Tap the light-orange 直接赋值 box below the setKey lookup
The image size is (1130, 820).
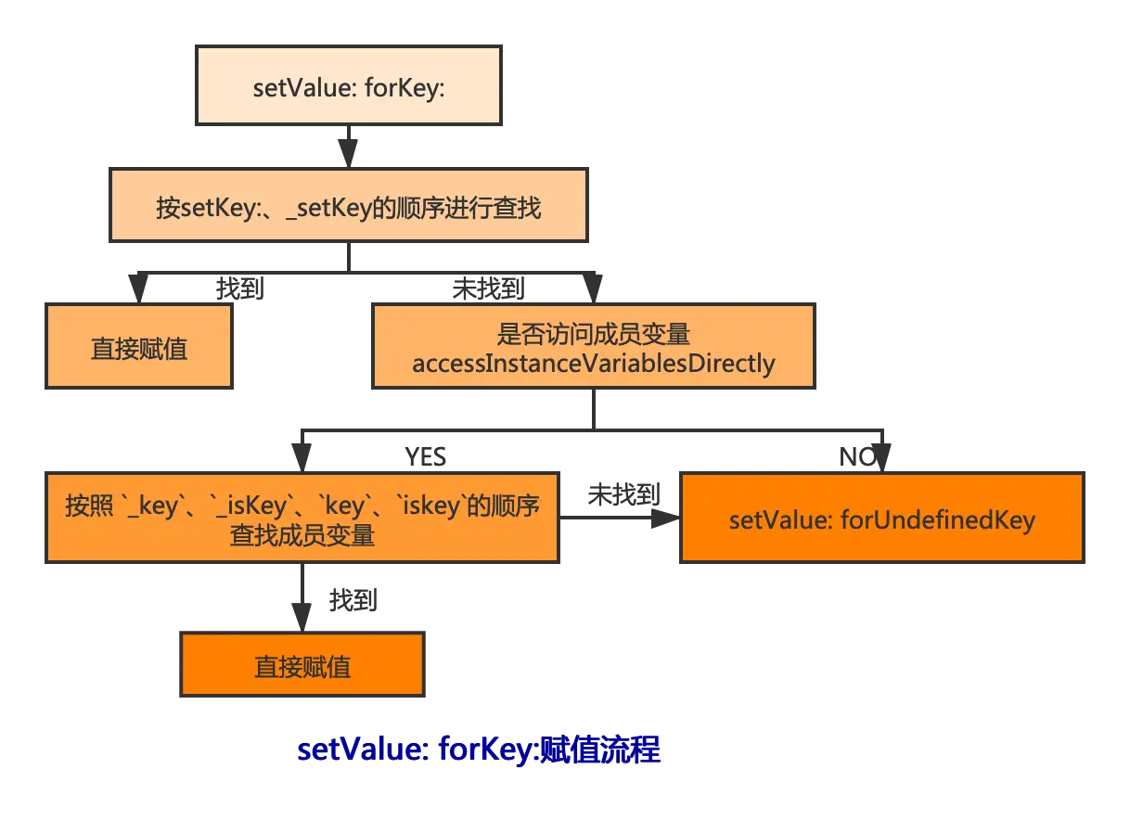pyautogui.click(x=139, y=348)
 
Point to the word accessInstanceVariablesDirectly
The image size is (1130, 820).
pyautogui.click(x=593, y=363)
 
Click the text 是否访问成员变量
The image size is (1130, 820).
pyautogui.click(x=593, y=334)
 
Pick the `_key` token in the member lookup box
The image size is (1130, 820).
pyautogui.click(x=148, y=506)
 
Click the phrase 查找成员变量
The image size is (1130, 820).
pyautogui.click(x=302, y=535)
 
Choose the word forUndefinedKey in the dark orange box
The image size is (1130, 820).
pyautogui.click(x=937, y=519)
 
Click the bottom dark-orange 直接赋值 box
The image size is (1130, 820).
pyautogui.click(x=302, y=666)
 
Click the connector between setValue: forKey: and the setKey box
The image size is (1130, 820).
pyautogui.click(x=348, y=146)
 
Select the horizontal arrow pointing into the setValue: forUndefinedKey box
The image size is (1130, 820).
pyautogui.click(x=620, y=516)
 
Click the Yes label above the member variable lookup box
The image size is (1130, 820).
pyautogui.click(x=427, y=455)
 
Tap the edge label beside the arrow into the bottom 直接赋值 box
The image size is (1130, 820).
pyautogui.click(x=353, y=604)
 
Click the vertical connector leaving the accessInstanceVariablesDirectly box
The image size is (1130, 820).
pyautogui.click(x=593, y=407)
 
